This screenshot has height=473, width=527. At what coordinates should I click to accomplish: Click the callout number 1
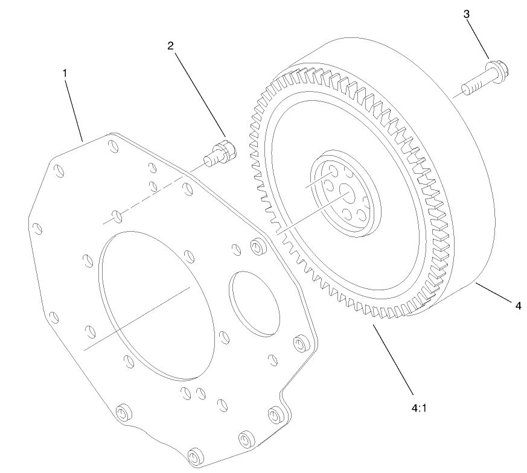click(x=65, y=73)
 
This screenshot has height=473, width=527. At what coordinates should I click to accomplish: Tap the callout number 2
click(x=171, y=46)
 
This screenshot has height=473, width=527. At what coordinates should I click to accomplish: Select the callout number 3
click(x=467, y=14)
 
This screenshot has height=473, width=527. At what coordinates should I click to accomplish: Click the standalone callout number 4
click(x=517, y=306)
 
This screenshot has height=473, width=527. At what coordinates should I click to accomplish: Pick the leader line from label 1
click(x=74, y=109)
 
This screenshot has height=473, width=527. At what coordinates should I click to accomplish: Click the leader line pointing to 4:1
click(x=393, y=356)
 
